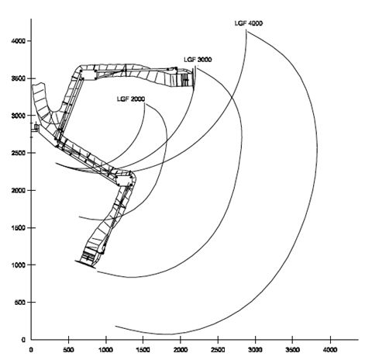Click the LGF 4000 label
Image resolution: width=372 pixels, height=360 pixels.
(x=249, y=23)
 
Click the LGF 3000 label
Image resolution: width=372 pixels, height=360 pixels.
(x=198, y=60)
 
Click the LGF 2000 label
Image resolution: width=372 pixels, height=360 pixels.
(x=131, y=99)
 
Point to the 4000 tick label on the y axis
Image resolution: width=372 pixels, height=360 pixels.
(x=19, y=41)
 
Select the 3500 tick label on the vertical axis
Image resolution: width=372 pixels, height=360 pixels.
(x=19, y=78)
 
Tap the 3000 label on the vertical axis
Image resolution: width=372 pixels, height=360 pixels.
(x=19, y=116)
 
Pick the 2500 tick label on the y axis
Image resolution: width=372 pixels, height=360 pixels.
(x=19, y=153)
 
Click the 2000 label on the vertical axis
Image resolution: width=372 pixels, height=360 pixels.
(x=19, y=190)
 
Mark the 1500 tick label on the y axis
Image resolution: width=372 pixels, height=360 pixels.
(x=19, y=227)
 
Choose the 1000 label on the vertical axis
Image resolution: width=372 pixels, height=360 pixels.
(x=19, y=265)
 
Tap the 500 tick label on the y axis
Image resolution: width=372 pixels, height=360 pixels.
(x=20, y=302)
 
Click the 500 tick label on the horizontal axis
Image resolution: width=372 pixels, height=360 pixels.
(x=69, y=350)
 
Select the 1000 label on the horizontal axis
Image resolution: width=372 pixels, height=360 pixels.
(x=106, y=350)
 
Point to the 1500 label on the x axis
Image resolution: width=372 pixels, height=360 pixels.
(x=143, y=350)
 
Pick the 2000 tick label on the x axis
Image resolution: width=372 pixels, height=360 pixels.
(x=181, y=350)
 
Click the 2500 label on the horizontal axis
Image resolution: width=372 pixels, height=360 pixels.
(x=218, y=350)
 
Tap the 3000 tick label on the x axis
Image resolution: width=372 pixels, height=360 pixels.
(x=255, y=350)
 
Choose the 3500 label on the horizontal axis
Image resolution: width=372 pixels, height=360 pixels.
(x=292, y=350)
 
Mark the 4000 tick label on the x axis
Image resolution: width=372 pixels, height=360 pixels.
(x=330, y=350)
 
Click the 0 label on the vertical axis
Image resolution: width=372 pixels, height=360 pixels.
(x=23, y=340)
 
